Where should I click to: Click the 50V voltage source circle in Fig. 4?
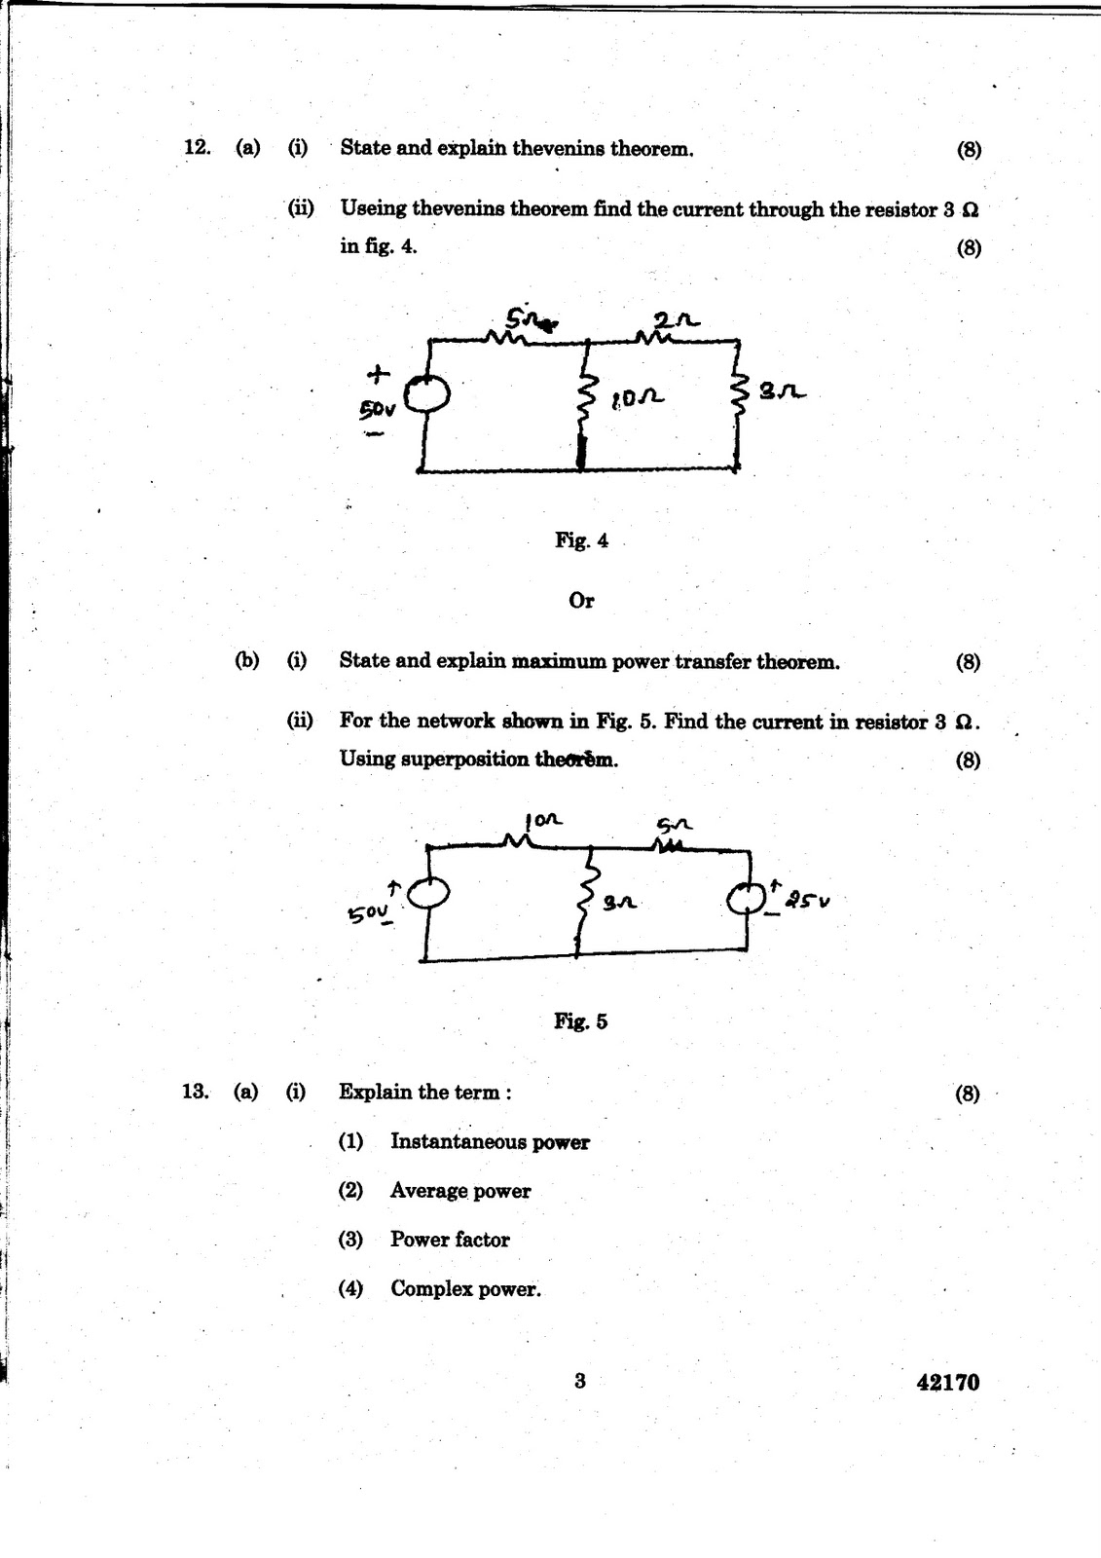click(426, 393)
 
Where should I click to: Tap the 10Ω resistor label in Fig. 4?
click(638, 397)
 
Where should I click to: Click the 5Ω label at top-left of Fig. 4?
click(528, 319)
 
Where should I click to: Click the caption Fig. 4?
click(581, 540)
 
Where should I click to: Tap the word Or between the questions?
click(581, 601)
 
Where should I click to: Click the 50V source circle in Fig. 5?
click(428, 892)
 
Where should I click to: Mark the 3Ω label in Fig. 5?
click(619, 904)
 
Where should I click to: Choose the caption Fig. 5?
click(580, 1021)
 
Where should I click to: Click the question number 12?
click(197, 148)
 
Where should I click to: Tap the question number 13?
click(195, 1092)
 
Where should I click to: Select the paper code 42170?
click(947, 1383)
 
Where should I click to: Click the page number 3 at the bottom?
click(580, 1380)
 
